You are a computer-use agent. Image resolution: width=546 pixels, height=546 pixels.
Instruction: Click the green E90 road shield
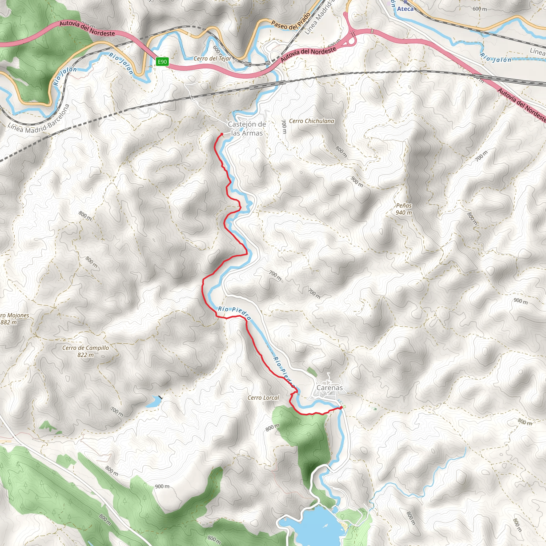pos(162,62)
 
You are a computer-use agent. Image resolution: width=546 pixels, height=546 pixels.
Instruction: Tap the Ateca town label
pos(405,9)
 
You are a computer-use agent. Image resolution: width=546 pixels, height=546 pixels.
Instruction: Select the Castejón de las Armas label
pos(247,129)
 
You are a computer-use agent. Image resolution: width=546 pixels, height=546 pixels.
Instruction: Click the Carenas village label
pos(330,387)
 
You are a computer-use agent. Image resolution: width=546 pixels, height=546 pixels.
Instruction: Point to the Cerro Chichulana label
pos(311,121)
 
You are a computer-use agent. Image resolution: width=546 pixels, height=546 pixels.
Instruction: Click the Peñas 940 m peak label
pos(404,209)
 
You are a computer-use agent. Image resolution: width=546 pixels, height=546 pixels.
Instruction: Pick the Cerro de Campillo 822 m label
pos(85,351)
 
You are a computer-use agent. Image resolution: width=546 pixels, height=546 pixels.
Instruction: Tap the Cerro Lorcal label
pos(263,398)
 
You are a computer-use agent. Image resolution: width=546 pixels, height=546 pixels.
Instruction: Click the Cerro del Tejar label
pos(212,58)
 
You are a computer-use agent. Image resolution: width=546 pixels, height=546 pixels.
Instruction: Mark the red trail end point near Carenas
pos(341,407)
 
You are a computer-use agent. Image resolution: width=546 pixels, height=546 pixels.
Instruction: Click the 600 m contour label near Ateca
pos(480,9)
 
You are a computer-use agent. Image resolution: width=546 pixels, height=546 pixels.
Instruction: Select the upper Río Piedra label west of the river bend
pos(234,313)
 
